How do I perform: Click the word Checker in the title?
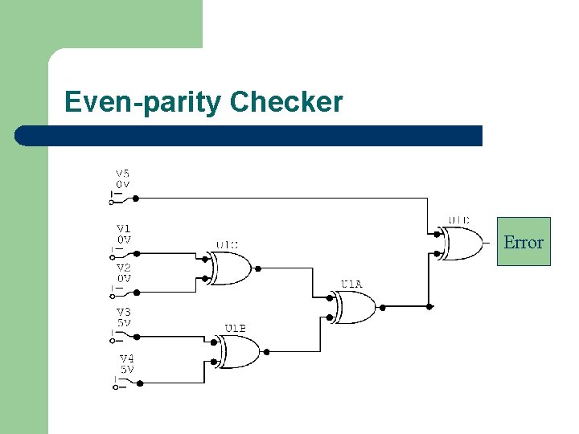[x=285, y=102]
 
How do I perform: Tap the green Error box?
[x=524, y=242]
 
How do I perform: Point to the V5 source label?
[x=122, y=173]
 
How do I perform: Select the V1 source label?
[x=123, y=228]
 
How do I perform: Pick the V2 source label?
[x=124, y=268]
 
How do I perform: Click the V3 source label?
[x=124, y=312]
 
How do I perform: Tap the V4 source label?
[x=127, y=358]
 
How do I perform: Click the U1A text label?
[x=351, y=284]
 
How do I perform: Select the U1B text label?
[x=235, y=328]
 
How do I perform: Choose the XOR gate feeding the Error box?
[x=463, y=243]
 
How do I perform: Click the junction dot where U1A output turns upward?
[x=430, y=306]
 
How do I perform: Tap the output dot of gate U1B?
[x=267, y=351]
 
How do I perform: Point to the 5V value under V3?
[x=124, y=323]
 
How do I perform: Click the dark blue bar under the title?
[x=249, y=136]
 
